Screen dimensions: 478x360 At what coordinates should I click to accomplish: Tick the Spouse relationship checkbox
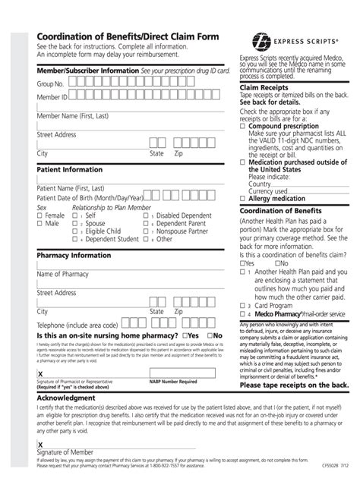pos(75,224)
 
